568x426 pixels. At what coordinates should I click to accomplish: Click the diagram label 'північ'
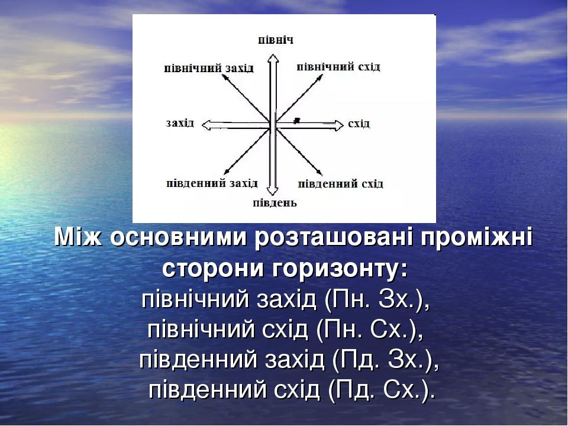(x=276, y=40)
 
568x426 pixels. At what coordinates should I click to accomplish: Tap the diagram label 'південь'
(x=275, y=203)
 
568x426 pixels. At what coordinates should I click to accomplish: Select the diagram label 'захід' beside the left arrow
(x=180, y=123)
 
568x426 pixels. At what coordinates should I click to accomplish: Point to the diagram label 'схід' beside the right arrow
(x=359, y=124)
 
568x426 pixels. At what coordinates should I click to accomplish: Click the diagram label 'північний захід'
(x=209, y=69)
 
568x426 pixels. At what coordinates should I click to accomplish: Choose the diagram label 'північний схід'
(x=338, y=67)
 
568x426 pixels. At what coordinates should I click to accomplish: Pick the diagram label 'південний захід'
(x=212, y=183)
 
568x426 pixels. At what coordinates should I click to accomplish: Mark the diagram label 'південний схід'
(x=340, y=183)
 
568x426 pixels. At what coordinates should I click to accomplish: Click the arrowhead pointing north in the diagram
(x=273, y=59)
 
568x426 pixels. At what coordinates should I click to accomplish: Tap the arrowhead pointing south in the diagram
(x=272, y=191)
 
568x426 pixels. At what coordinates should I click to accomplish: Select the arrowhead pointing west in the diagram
(x=206, y=125)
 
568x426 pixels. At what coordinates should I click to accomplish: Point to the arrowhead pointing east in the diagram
(x=338, y=125)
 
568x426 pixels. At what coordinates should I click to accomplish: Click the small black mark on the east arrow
(x=297, y=120)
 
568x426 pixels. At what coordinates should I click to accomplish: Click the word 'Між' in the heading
(x=78, y=237)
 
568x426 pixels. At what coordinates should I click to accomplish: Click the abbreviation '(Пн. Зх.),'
(x=377, y=300)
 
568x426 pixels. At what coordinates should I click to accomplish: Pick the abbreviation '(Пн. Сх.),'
(x=370, y=330)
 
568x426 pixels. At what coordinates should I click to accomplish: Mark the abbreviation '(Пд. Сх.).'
(x=382, y=390)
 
